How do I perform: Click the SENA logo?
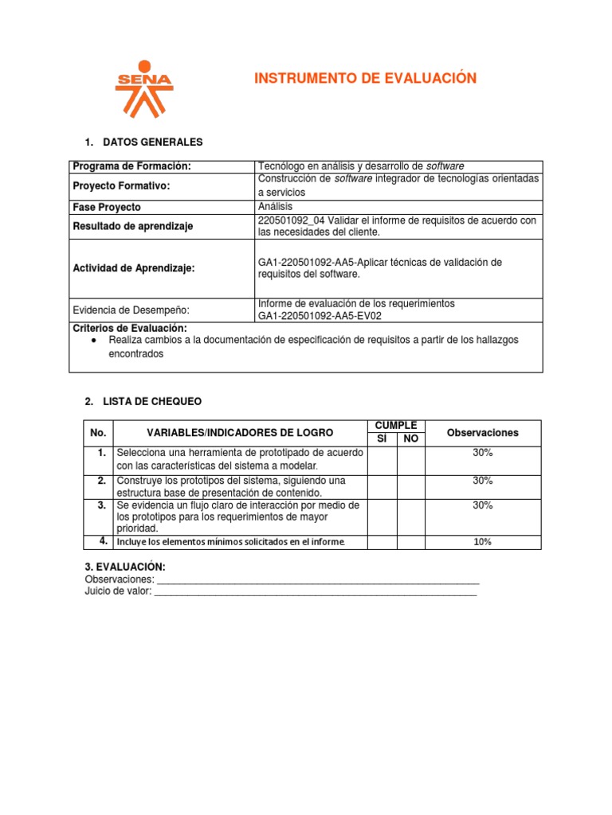point(143,88)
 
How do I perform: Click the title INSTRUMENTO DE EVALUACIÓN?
point(364,78)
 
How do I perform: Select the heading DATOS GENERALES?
point(153,142)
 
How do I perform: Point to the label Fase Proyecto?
point(107,207)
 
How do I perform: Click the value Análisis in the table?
point(276,207)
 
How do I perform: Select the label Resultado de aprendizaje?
point(132,227)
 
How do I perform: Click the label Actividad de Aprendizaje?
point(134,268)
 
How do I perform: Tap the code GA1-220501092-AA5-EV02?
point(314,316)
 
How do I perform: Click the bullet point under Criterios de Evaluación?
point(94,340)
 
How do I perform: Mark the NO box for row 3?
point(410,517)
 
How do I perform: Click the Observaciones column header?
point(482,433)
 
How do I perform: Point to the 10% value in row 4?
point(482,542)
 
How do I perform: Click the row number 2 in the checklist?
point(100,481)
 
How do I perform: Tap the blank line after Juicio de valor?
point(316,591)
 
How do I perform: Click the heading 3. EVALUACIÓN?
point(125,567)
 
